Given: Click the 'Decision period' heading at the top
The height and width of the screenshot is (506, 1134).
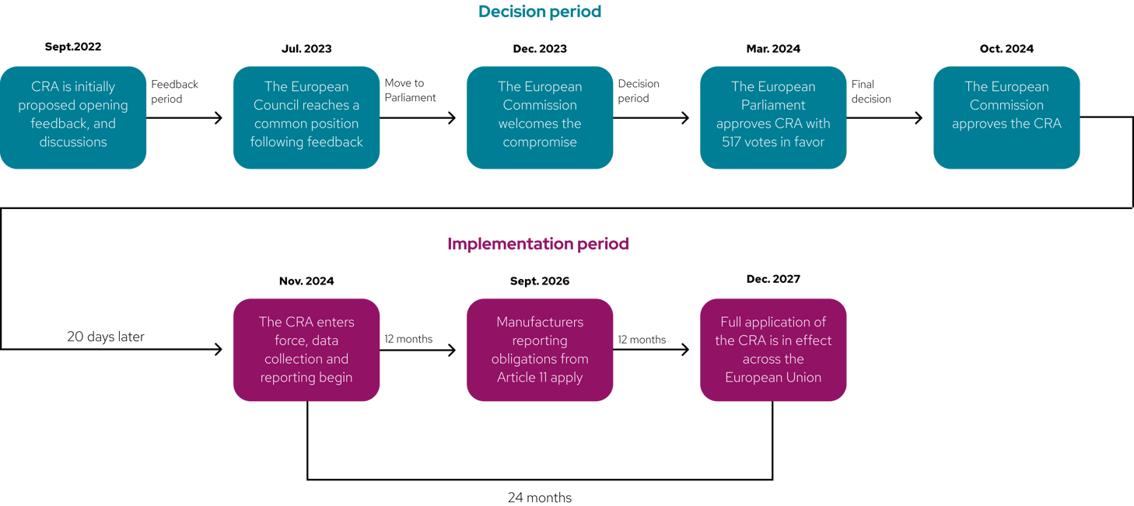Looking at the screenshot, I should click(x=540, y=12).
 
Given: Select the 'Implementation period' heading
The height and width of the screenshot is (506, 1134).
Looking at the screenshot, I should click(x=538, y=244).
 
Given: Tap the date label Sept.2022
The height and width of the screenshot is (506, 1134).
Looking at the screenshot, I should click(x=73, y=47).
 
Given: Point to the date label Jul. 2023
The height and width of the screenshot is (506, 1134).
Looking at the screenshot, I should click(x=306, y=48).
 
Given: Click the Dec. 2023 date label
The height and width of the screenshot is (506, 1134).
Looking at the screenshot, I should click(x=540, y=48).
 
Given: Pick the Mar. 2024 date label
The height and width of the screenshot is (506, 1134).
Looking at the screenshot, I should click(x=773, y=48).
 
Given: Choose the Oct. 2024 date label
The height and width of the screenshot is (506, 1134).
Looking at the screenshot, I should click(x=1006, y=48).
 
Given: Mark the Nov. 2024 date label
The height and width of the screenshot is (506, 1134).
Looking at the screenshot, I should click(x=306, y=281).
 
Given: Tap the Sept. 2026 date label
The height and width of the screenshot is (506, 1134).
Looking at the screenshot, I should click(x=540, y=281).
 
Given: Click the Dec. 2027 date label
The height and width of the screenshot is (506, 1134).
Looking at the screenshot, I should click(x=773, y=278).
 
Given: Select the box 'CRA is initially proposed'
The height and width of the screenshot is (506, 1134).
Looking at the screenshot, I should click(x=73, y=117).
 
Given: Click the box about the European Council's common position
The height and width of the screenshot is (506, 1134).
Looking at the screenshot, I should click(x=306, y=117).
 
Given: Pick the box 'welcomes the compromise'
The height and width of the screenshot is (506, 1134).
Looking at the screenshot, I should click(x=540, y=117).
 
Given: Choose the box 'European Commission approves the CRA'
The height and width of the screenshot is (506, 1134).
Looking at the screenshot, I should click(x=1006, y=117).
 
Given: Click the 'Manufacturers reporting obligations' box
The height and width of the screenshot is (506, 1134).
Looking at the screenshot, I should click(x=540, y=350).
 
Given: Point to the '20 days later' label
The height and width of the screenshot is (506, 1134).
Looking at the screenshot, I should click(x=106, y=337).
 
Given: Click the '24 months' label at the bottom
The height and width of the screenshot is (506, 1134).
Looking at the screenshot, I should click(x=540, y=497).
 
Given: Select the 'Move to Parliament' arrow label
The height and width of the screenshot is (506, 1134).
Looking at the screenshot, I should click(x=411, y=90).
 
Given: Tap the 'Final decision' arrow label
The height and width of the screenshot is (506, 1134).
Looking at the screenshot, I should click(x=871, y=91).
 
